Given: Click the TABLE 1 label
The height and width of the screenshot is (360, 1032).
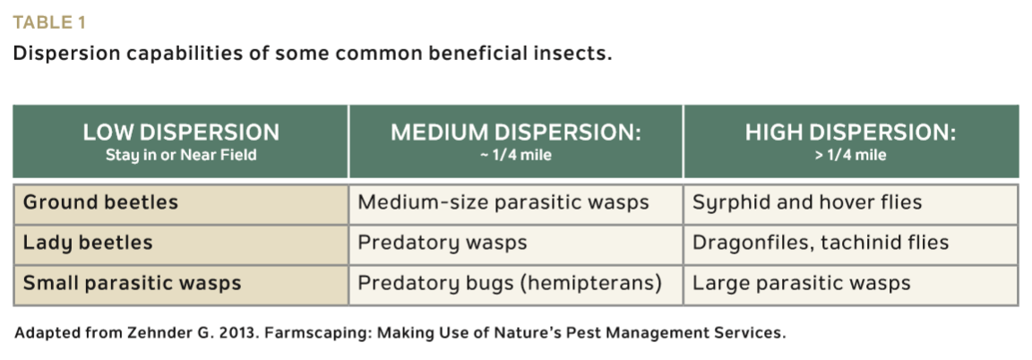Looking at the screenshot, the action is click(x=49, y=23).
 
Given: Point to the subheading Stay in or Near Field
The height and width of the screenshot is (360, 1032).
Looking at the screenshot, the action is click(x=181, y=156).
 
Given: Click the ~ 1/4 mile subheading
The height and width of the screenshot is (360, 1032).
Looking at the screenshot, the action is click(x=516, y=156).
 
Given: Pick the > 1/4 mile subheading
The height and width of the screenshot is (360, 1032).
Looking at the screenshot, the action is click(x=850, y=156).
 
